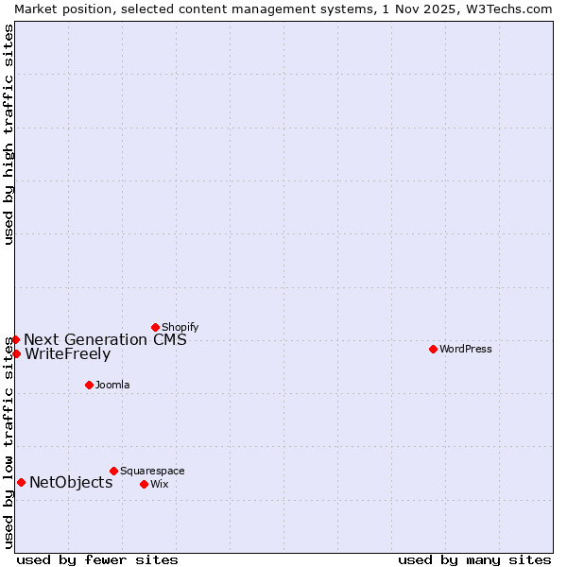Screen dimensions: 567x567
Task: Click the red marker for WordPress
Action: pos(433,349)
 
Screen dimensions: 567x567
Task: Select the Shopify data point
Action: pos(155,327)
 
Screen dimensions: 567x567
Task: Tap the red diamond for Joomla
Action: pos(89,385)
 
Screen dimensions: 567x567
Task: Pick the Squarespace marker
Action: pos(113,471)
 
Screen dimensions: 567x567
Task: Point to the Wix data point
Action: pos(144,484)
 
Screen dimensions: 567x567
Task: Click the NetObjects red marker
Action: pos(21,482)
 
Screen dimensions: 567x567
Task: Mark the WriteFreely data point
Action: pos(16,353)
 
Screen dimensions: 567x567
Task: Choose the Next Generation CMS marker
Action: pos(15,339)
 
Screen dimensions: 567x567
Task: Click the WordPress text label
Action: pos(466,349)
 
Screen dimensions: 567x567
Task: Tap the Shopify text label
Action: pos(180,327)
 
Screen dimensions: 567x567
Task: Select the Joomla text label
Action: pos(112,385)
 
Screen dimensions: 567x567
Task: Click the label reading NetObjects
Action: pos(71,482)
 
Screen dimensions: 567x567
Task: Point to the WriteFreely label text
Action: pos(67,354)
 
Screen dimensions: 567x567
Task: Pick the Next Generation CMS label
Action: pos(105,340)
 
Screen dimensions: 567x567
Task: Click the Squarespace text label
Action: pos(152,471)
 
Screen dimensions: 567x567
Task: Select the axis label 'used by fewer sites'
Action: pos(97,559)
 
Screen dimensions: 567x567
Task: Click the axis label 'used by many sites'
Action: pos(474,559)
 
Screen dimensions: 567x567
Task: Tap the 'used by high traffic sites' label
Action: pos(9,134)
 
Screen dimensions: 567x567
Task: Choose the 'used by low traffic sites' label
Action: pos(9,442)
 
